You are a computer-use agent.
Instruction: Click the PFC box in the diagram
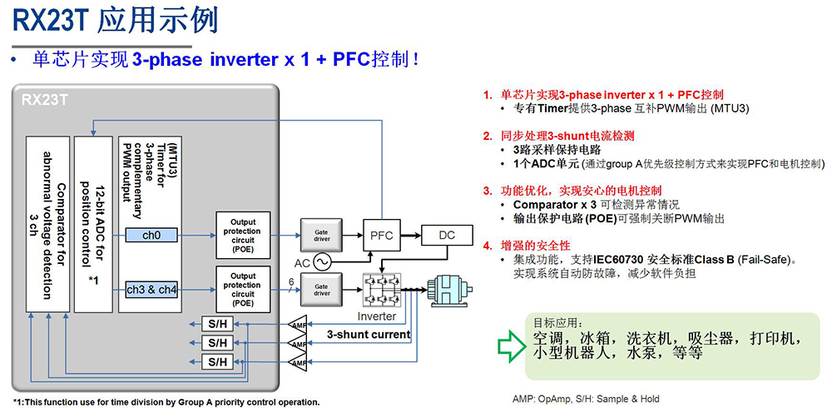(x=381, y=236)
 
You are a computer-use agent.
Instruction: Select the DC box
(x=447, y=236)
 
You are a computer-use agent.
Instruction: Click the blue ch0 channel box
(x=151, y=236)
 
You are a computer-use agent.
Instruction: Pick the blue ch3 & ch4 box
(x=151, y=290)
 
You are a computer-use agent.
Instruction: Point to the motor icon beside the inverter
(x=450, y=291)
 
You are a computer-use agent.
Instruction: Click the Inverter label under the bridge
(x=376, y=316)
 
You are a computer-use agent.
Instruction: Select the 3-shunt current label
(x=368, y=335)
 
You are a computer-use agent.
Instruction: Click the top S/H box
(x=217, y=323)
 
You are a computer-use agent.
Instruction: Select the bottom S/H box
(x=217, y=361)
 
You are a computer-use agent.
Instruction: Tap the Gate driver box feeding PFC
(x=321, y=236)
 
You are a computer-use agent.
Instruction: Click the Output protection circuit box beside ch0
(x=243, y=236)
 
